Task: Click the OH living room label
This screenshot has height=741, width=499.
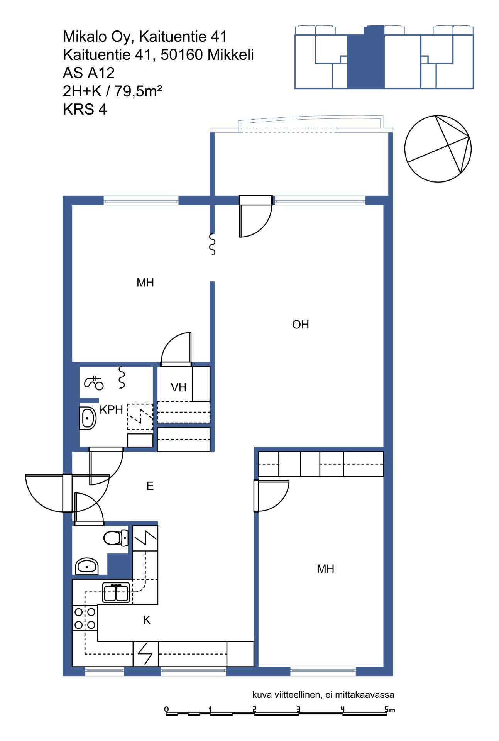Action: pos(300,325)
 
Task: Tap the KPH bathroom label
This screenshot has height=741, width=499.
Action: pos(111,410)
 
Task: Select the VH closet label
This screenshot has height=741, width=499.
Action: pos(179,387)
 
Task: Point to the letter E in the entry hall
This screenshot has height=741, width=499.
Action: pos(150,486)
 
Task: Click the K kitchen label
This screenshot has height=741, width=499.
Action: pos(147,620)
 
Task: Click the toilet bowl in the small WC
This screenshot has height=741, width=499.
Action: pos(116,538)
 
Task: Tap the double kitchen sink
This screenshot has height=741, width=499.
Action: pos(116,593)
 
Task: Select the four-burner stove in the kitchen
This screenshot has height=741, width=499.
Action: pos(85,618)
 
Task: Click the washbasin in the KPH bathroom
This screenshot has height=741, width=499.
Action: pos(88,418)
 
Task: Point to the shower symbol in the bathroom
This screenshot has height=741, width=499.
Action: pos(94,383)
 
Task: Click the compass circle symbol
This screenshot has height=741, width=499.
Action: pos(438,149)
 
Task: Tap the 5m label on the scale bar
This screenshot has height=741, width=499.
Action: pos(389,709)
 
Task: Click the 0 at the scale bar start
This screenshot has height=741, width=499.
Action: pos(166,709)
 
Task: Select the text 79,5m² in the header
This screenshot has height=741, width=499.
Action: pos(138,91)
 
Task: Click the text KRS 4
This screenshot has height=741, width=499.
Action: pos(85,110)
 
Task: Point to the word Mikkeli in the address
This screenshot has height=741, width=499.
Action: pos(230,55)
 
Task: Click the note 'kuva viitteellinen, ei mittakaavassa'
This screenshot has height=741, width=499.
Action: pos(323,695)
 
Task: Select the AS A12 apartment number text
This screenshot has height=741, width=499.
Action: pos(89,73)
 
